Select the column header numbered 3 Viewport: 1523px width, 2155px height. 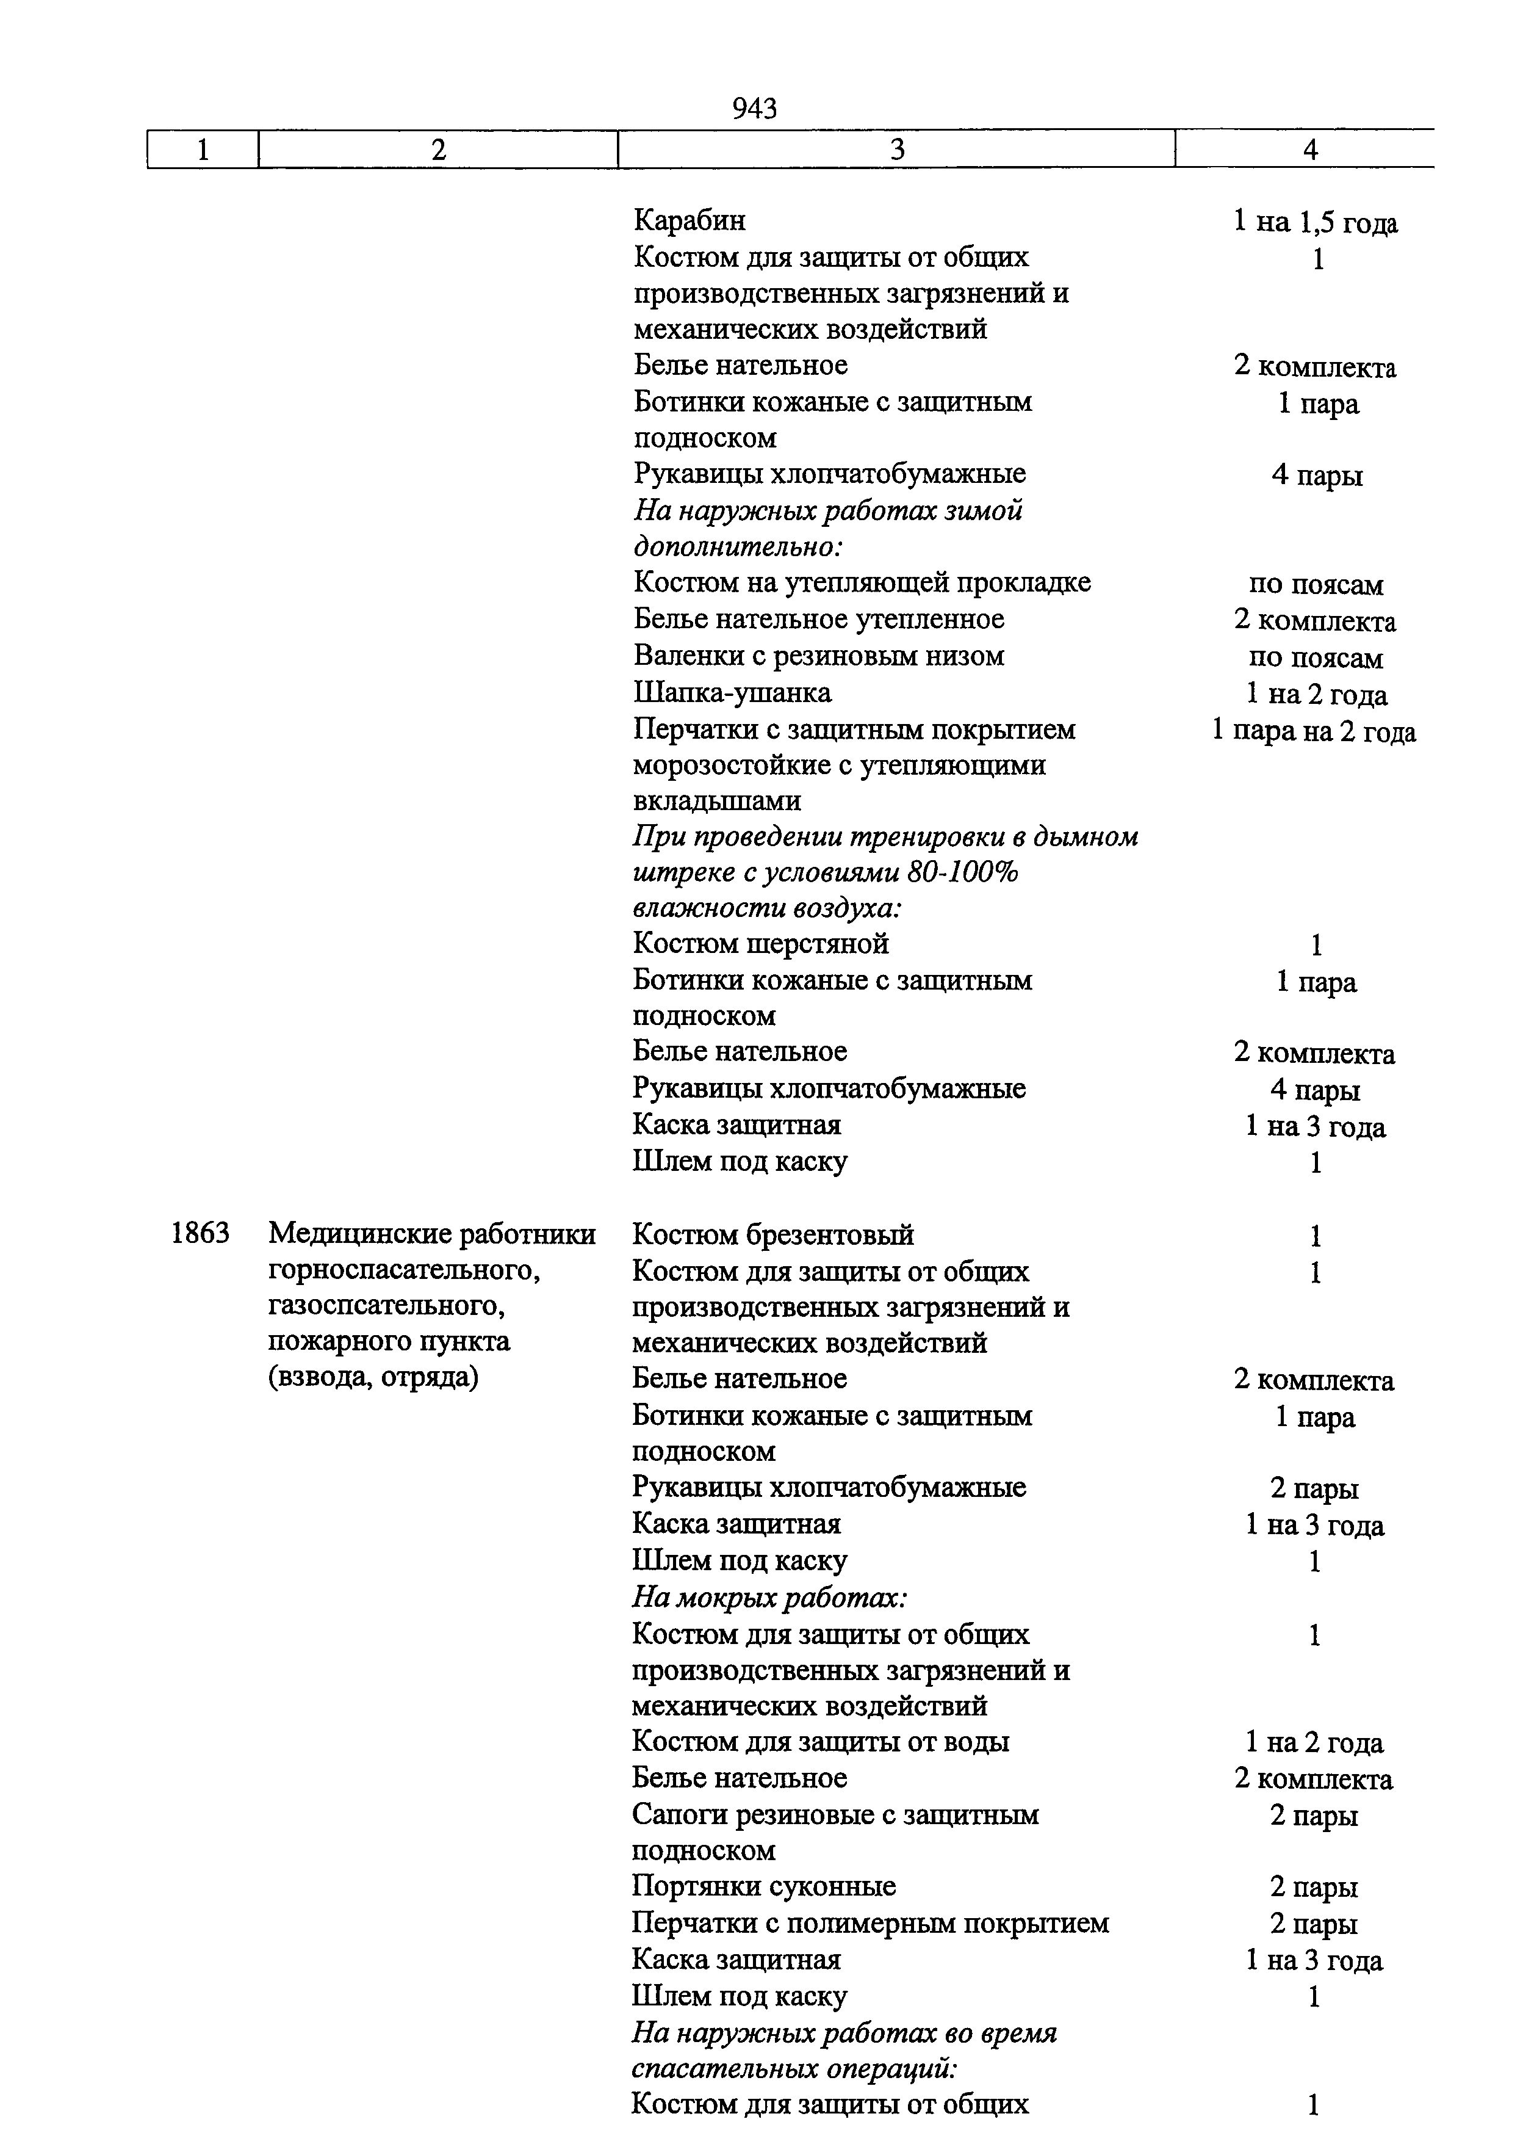pyautogui.click(x=897, y=149)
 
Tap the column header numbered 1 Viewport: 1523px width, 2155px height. pyautogui.click(x=203, y=149)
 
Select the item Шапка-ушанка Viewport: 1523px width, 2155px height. pyautogui.click(x=732, y=694)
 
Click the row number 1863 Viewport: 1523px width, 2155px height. pyautogui.click(x=200, y=1233)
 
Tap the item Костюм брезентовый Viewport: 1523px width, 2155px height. pyautogui.click(x=773, y=1235)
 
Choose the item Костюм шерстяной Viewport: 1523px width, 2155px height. pyautogui.click(x=761, y=943)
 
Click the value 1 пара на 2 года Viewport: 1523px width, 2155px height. pyautogui.click(x=1314, y=731)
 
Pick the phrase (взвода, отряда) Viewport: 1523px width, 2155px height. pyautogui.click(x=373, y=1378)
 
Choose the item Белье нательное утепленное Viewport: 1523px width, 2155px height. pyautogui.click(x=818, y=620)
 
